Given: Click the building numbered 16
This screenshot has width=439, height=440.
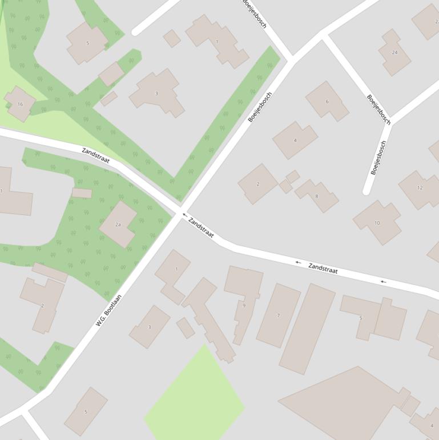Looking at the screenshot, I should tap(20, 104).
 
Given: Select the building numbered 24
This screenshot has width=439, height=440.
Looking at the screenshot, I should tap(394, 53).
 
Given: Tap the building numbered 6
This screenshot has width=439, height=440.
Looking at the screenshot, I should tap(327, 101).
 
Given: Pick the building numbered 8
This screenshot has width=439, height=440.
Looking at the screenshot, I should tap(317, 196).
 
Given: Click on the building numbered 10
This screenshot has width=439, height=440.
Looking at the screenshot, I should tap(377, 222).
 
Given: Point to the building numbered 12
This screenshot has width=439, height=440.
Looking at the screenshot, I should tap(420, 188).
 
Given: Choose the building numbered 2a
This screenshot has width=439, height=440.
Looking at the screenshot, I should tap(118, 225).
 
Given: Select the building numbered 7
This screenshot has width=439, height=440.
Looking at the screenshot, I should tap(278, 315).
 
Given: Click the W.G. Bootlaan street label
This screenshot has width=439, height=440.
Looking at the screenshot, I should tap(108, 310).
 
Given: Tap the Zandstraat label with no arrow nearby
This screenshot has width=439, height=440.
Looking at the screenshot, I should tap(95, 155).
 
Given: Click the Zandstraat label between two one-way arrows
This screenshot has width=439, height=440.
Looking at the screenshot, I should tap(323, 268).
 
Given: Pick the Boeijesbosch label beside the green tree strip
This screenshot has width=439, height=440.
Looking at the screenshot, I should tap(260, 107).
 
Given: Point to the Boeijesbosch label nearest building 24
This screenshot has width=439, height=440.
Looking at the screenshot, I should tap(378, 109).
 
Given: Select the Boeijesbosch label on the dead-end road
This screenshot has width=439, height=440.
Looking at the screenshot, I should tap(378, 157).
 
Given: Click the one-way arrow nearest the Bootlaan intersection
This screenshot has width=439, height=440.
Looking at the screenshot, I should tap(184, 215).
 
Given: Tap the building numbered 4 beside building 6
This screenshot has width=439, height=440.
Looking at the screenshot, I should tap(295, 139).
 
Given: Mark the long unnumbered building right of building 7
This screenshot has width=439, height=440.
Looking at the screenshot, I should tap(307, 329).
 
